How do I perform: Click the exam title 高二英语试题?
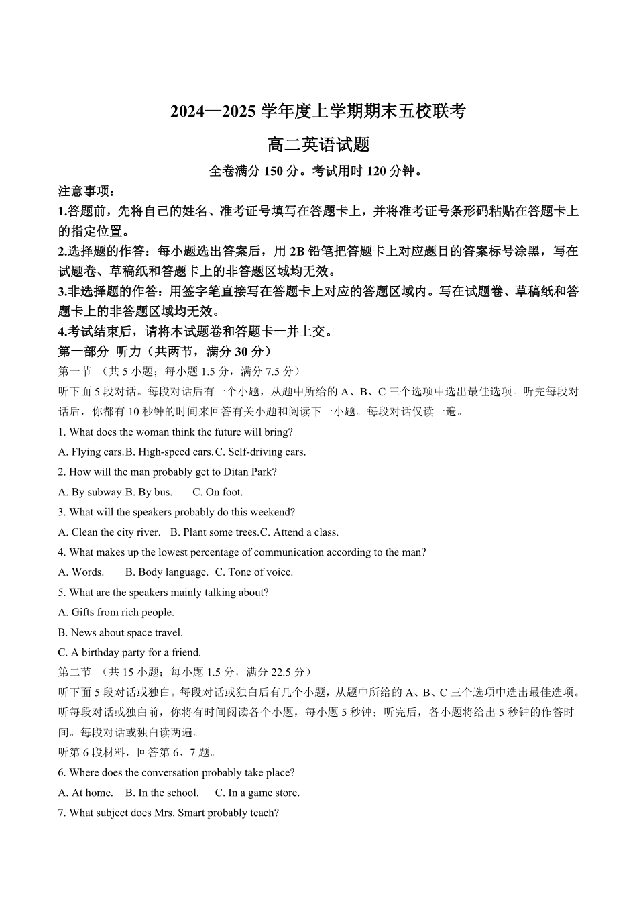318,144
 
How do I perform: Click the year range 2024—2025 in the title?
214,111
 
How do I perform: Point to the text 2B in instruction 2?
297,252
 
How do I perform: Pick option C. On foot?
218,492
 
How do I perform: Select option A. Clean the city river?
109,532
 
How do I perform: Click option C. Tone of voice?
254,572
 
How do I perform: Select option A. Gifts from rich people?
116,612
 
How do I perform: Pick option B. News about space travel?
121,632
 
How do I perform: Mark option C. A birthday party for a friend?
129,652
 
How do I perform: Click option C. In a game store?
257,793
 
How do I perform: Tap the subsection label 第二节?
74,672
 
